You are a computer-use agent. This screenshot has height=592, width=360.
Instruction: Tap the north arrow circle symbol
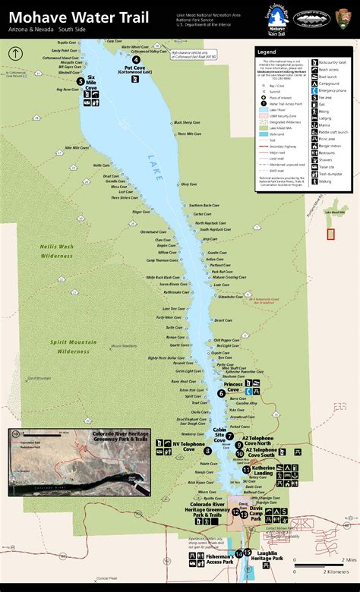click(14, 53)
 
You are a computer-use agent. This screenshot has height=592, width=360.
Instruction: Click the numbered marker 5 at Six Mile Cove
click(81, 80)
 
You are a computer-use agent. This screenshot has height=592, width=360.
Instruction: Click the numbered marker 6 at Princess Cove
click(221, 393)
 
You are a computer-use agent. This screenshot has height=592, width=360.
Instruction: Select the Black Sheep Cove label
click(187, 122)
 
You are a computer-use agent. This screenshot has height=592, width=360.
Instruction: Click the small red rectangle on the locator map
click(330, 234)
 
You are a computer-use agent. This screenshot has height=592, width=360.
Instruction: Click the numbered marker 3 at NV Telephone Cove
click(207, 450)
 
